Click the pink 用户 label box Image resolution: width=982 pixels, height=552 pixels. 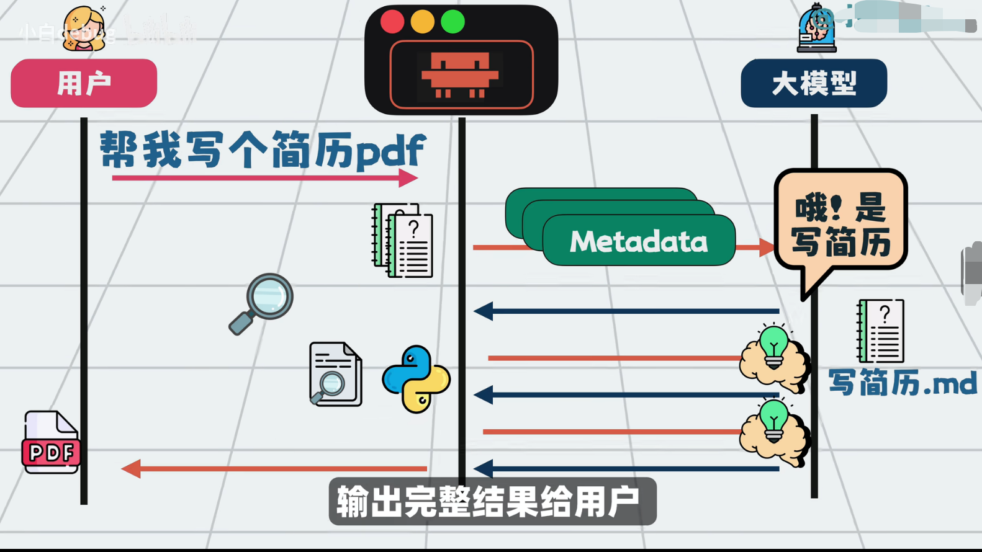(84, 83)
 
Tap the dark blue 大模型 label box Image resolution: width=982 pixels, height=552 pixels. (814, 83)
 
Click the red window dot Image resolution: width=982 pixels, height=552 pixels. (392, 22)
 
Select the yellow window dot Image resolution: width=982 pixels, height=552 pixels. (422, 22)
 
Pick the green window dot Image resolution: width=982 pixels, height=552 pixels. (453, 22)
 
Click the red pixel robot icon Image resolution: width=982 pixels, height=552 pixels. (460, 74)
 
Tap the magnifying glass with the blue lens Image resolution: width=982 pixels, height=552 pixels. (262, 303)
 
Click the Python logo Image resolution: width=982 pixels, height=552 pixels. (416, 379)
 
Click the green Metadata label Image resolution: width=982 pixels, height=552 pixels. (638, 241)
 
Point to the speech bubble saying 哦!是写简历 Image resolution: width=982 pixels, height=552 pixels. (840, 224)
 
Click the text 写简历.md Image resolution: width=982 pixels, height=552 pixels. (903, 383)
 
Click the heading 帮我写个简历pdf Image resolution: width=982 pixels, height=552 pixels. (262, 149)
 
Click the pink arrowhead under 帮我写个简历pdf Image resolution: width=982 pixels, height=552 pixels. (408, 178)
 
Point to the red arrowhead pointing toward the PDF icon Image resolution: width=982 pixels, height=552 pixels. (130, 468)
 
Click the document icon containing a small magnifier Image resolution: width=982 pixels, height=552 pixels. (335, 374)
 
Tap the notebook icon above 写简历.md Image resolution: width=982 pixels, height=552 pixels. (881, 331)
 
